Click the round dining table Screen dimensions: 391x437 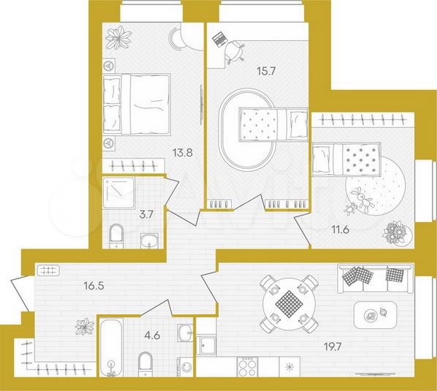[x=289, y=299]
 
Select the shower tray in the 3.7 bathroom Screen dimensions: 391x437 [x=119, y=191]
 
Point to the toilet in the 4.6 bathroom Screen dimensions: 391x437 [x=145, y=364]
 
